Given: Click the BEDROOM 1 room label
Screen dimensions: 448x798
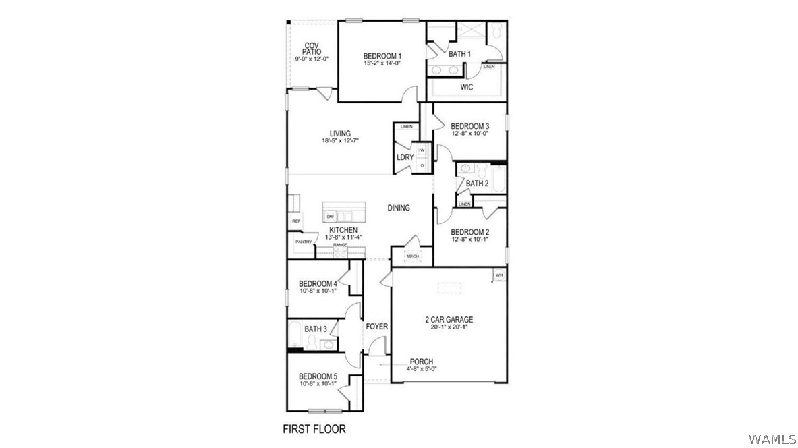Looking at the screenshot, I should pyautogui.click(x=382, y=55).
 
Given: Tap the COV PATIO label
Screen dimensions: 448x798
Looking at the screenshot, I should pyautogui.click(x=311, y=49).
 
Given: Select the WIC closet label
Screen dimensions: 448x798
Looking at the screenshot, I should pyautogui.click(x=466, y=87).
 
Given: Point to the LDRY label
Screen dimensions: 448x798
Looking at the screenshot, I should pyautogui.click(x=405, y=157).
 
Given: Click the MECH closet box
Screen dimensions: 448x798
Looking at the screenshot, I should pyautogui.click(x=412, y=256).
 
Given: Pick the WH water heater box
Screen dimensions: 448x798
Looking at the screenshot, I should pyautogui.click(x=499, y=275).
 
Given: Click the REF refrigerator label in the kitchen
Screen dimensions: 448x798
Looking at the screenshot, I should pyautogui.click(x=295, y=221).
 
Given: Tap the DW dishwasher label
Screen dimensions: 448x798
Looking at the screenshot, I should pyautogui.click(x=331, y=217).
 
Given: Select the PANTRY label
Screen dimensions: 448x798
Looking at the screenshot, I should pyautogui.click(x=303, y=242).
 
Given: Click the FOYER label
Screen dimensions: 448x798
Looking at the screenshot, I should pyautogui.click(x=377, y=327).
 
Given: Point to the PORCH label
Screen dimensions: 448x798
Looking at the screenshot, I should pyautogui.click(x=421, y=362).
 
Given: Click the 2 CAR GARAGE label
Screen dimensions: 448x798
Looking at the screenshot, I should pyautogui.click(x=449, y=319).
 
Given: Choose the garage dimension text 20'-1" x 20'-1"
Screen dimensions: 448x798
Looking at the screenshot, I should pyautogui.click(x=449, y=327).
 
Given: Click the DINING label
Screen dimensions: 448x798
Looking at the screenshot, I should pyautogui.click(x=399, y=208).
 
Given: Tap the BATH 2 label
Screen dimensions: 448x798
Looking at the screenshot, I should pyautogui.click(x=477, y=183).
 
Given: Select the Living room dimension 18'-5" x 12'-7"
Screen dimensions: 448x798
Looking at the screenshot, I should pyautogui.click(x=340, y=140).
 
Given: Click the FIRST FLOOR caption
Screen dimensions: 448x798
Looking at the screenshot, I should pyautogui.click(x=314, y=428).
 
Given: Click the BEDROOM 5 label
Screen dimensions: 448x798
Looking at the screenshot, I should pyautogui.click(x=318, y=376).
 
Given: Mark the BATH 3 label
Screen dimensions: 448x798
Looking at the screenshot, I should pyautogui.click(x=316, y=329).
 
